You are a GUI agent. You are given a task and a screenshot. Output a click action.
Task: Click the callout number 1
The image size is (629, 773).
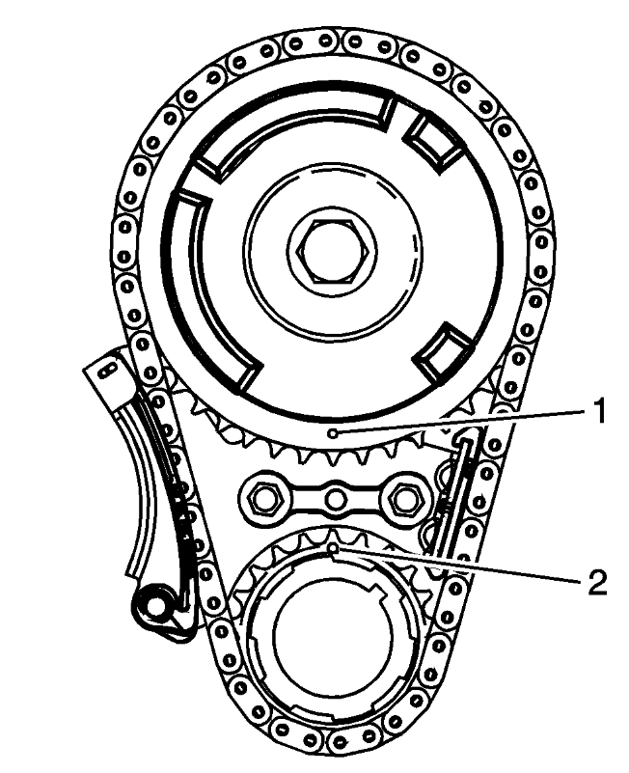tap(597, 413)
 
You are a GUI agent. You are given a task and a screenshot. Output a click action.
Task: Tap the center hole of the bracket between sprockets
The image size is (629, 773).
tap(334, 499)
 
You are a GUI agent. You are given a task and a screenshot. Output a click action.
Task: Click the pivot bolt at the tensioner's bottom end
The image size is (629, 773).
tap(152, 608)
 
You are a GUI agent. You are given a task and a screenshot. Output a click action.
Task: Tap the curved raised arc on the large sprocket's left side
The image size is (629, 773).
tap(193, 280)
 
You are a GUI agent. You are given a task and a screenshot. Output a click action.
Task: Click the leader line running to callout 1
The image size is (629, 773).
tap(463, 423)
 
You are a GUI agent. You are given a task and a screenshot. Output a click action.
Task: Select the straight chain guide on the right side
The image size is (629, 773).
tap(454, 502)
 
